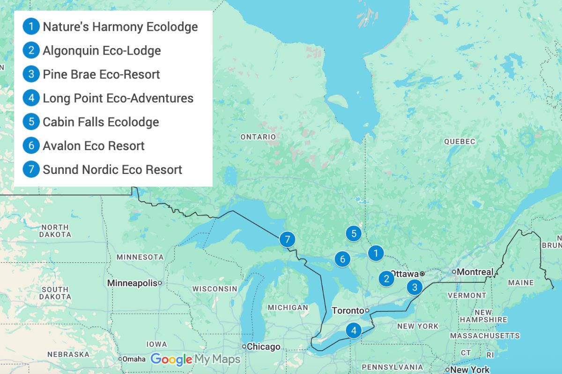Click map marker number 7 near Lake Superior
click(287, 239)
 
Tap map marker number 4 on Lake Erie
click(354, 331)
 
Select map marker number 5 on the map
click(354, 233)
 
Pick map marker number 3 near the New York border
click(414, 287)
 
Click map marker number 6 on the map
click(342, 259)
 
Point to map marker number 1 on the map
click(375, 253)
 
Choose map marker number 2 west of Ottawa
click(386, 279)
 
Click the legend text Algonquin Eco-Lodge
click(102, 50)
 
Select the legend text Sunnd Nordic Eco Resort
click(112, 169)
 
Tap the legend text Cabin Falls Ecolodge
click(101, 122)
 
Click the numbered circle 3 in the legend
click(31, 74)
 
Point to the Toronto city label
click(348, 311)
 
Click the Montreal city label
click(475, 272)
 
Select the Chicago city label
click(264, 347)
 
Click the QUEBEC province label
click(459, 141)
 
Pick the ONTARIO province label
click(258, 137)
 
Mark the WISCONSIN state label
click(214, 289)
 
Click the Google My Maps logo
click(195, 359)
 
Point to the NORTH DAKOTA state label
click(55, 231)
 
